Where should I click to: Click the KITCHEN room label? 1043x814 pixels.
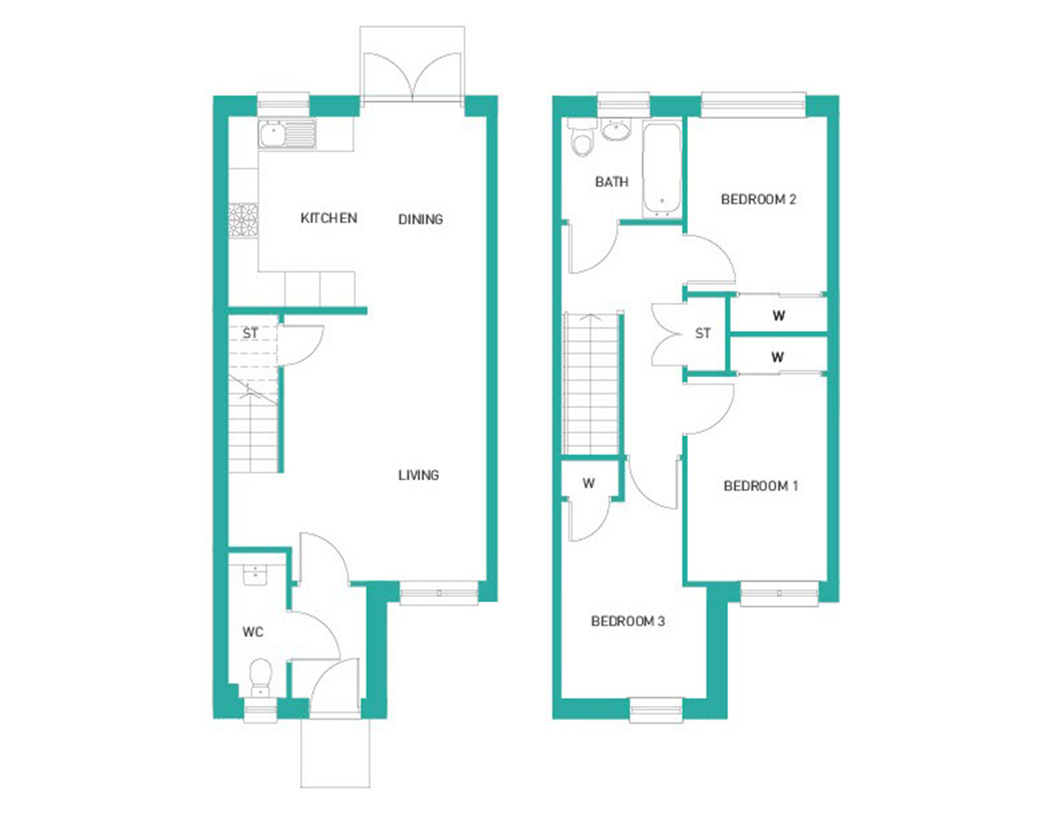[329, 218]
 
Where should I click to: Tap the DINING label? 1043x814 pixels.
[421, 219]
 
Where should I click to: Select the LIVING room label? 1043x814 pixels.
[418, 475]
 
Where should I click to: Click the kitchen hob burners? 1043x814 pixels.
[243, 220]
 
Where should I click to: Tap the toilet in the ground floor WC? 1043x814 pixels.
[261, 677]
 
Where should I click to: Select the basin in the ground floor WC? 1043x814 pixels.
[255, 575]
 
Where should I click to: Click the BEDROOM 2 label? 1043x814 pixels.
[758, 199]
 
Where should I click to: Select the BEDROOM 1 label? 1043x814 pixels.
[760, 486]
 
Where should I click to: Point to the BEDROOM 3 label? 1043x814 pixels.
[628, 622]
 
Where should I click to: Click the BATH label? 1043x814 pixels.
[611, 182]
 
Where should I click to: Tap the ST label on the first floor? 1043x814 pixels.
[702, 333]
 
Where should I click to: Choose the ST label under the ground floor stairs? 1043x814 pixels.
[250, 333]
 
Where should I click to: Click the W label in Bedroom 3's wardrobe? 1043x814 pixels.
[589, 483]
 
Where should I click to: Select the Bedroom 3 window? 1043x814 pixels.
[656, 710]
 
